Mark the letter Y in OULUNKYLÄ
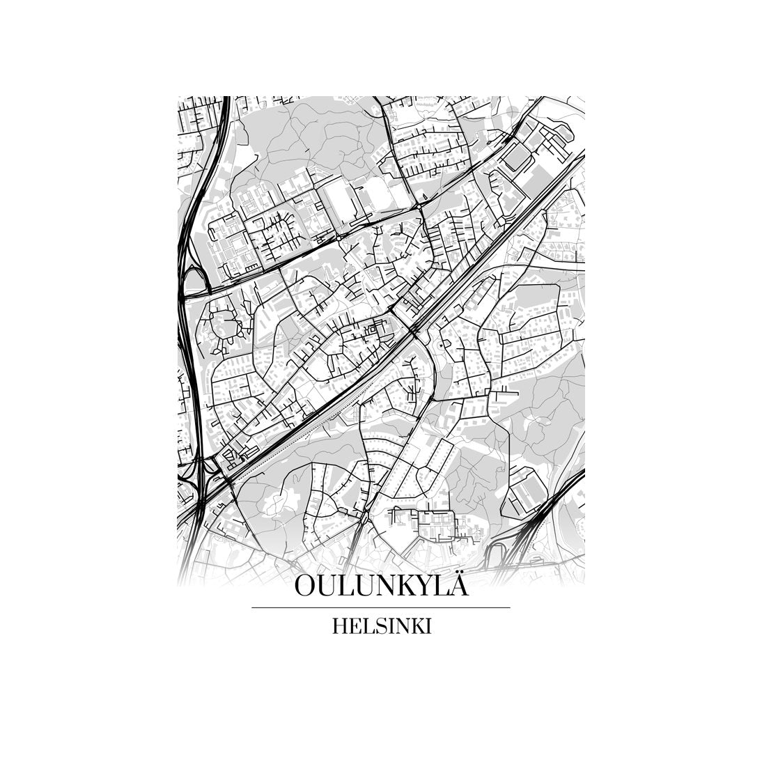point(426,586)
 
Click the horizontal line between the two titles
point(380,607)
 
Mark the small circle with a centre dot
point(440,345)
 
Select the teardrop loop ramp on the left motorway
point(194,282)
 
